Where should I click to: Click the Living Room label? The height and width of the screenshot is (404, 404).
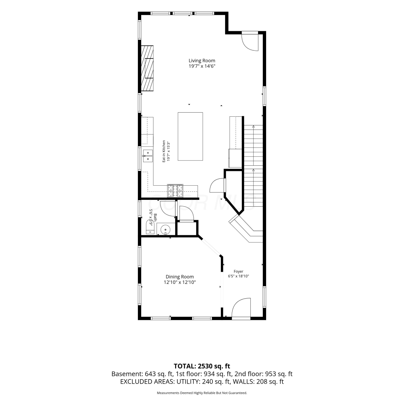tap(202, 61)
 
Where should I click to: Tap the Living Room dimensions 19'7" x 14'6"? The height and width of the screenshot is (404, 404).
tap(202, 66)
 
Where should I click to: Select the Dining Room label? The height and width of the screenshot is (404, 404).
tap(180, 277)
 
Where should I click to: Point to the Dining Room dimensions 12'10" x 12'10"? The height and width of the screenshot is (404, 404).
tap(180, 282)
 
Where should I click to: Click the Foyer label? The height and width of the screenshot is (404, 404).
tap(238, 271)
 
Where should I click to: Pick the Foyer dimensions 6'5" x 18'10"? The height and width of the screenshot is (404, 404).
tap(238, 276)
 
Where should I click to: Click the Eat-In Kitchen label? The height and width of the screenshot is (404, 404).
tap(164, 151)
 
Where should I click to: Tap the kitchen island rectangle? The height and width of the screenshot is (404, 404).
tap(190, 137)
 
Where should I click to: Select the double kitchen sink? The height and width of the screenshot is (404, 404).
tap(148, 156)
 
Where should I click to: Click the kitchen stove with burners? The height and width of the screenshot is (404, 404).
tap(175, 191)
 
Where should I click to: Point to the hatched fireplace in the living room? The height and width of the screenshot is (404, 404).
tap(147, 69)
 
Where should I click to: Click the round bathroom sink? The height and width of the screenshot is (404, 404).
tap(166, 230)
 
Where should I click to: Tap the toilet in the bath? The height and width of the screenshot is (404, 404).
tap(150, 227)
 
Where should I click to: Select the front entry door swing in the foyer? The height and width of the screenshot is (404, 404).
tap(241, 308)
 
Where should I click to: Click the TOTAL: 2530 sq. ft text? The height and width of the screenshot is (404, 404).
tap(202, 366)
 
